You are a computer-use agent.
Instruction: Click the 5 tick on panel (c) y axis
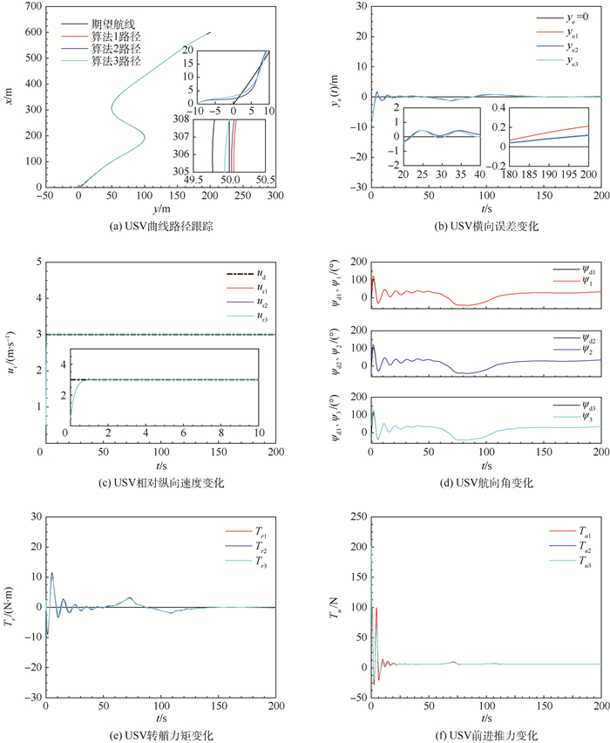[36, 261]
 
